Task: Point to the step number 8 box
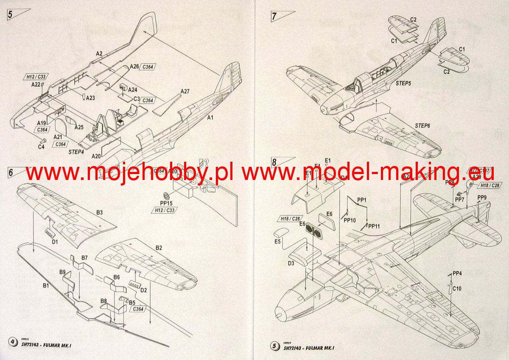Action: (x=274, y=162)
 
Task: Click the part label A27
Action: (x=185, y=91)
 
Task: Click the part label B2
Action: (x=159, y=247)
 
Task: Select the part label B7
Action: (x=84, y=258)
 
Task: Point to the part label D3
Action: (x=291, y=263)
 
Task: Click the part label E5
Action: (x=278, y=242)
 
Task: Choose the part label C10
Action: (x=457, y=289)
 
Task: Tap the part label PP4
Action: (x=457, y=273)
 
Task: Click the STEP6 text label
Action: (x=423, y=126)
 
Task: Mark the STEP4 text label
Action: (x=76, y=151)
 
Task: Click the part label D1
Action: (x=55, y=242)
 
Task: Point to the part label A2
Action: (x=99, y=53)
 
